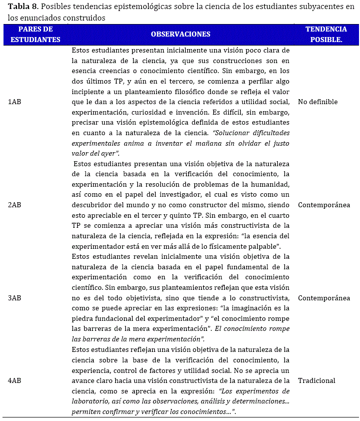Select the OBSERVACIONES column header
point(180,34)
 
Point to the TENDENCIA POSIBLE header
point(326,34)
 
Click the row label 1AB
point(15,102)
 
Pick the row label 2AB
point(15,205)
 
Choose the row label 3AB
point(15,298)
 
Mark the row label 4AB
point(15,380)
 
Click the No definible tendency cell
point(317,102)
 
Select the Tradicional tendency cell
point(316,380)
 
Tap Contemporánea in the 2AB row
point(323,205)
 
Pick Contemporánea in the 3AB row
point(323,298)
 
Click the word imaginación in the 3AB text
point(253,308)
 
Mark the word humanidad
point(271,184)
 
